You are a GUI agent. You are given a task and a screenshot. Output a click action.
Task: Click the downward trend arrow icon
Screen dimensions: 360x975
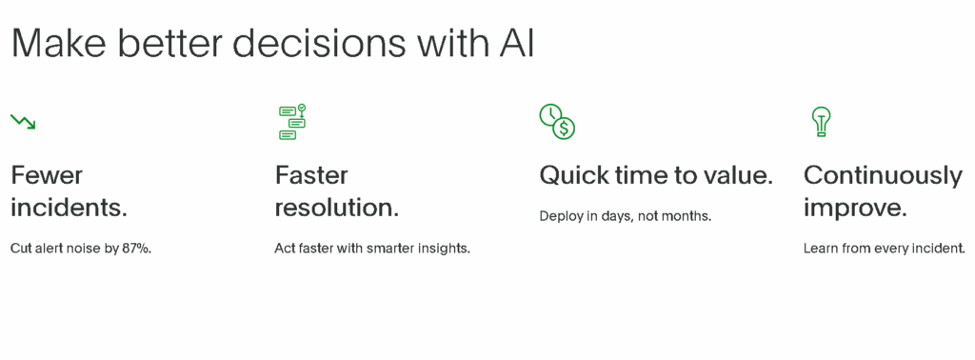(x=23, y=121)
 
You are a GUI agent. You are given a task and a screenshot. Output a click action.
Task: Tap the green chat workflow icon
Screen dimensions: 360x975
(x=292, y=122)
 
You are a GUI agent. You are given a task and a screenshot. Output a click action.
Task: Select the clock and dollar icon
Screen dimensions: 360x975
(x=557, y=121)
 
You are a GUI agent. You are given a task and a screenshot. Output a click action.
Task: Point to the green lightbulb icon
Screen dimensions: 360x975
(x=820, y=121)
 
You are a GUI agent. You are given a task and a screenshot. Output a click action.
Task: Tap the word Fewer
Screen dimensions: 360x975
(x=47, y=175)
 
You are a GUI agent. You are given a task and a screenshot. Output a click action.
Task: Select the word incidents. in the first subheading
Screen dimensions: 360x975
(x=69, y=207)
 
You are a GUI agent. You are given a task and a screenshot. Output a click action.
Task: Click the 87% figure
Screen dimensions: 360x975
(x=137, y=249)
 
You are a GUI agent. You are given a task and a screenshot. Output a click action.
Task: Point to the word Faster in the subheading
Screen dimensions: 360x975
(x=311, y=175)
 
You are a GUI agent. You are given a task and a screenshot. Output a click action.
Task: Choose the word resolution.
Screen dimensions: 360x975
(x=336, y=207)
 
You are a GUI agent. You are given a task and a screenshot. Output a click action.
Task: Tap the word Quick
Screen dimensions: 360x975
(x=572, y=175)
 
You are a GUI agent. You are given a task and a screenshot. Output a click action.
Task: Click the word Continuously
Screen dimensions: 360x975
(x=883, y=175)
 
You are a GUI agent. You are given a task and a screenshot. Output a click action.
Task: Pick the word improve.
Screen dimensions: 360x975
(x=854, y=207)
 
